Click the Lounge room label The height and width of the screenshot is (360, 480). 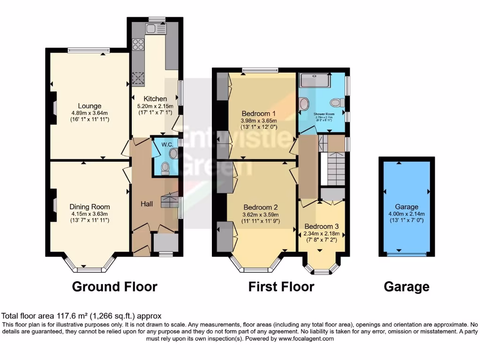[90, 106]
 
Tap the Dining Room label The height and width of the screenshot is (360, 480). [90, 207]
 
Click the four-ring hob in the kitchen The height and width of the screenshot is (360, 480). [139, 45]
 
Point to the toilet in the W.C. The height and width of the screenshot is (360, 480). [165, 169]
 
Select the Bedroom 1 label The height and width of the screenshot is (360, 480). [258, 113]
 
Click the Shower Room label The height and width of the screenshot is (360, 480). [324, 114]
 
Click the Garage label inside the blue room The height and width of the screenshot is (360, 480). [406, 207]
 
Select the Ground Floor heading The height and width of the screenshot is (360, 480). [114, 286]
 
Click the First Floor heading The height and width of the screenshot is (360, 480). [281, 286]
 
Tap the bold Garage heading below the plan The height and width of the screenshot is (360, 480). [406, 286]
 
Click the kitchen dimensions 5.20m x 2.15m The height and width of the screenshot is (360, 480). [155, 106]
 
